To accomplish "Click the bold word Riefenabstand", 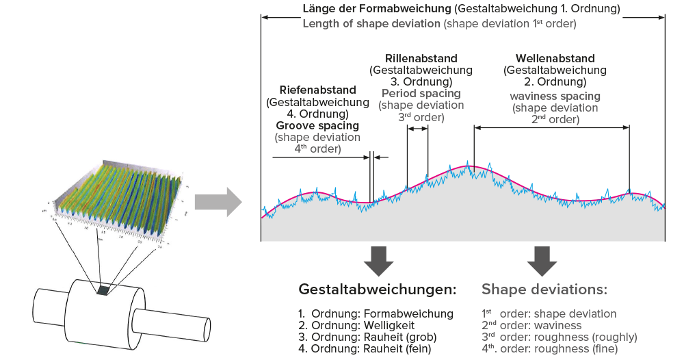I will [x=317, y=90].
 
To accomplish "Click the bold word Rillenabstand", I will [x=421, y=58].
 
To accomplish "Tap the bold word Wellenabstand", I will [x=555, y=58].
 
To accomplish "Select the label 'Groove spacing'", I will [x=317, y=126].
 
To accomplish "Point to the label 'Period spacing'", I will [x=421, y=94].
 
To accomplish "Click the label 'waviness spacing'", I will [x=555, y=96].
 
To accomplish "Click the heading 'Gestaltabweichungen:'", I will [x=378, y=290].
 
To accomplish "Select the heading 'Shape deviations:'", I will [x=544, y=290].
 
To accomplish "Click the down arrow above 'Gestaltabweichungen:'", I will [x=378, y=261].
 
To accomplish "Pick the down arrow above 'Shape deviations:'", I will [x=542, y=261].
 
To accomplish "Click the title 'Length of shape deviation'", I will [x=371, y=24].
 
